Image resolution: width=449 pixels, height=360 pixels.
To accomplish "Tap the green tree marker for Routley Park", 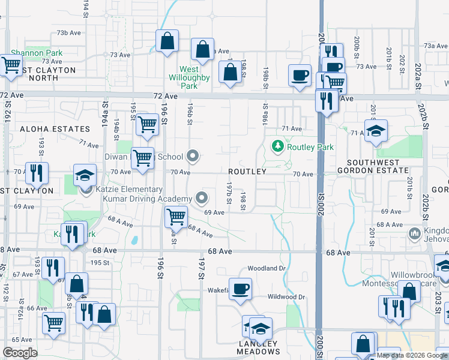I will click(x=277, y=146).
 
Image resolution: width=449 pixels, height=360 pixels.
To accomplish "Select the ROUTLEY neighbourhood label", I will click(x=247, y=172).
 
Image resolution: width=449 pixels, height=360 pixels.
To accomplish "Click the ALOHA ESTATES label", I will click(x=46, y=129).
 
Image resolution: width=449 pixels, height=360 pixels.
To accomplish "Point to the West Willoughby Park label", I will click(x=189, y=77).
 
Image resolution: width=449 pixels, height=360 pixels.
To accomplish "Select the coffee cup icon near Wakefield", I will click(x=241, y=288).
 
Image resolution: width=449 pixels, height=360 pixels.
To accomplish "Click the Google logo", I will click(x=20, y=353).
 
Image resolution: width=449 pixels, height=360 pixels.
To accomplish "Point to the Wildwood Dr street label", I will click(x=286, y=297).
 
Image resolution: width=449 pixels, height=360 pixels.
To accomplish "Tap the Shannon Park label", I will click(x=37, y=53).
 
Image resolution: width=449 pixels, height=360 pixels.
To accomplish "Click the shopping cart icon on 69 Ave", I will click(x=175, y=215).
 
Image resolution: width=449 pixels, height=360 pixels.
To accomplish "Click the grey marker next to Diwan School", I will click(x=193, y=157).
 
